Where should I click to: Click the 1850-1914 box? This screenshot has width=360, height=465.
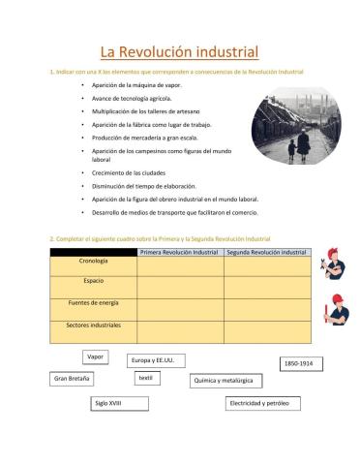[297, 362]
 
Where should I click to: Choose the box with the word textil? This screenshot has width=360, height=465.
[145, 378]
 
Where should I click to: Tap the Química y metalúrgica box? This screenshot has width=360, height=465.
[225, 382]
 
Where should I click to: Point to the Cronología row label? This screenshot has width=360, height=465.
[93, 262]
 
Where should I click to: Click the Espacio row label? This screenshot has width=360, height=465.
[93, 281]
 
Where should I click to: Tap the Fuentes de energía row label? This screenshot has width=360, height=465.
[93, 303]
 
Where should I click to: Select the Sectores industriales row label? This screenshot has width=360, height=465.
[93, 325]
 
